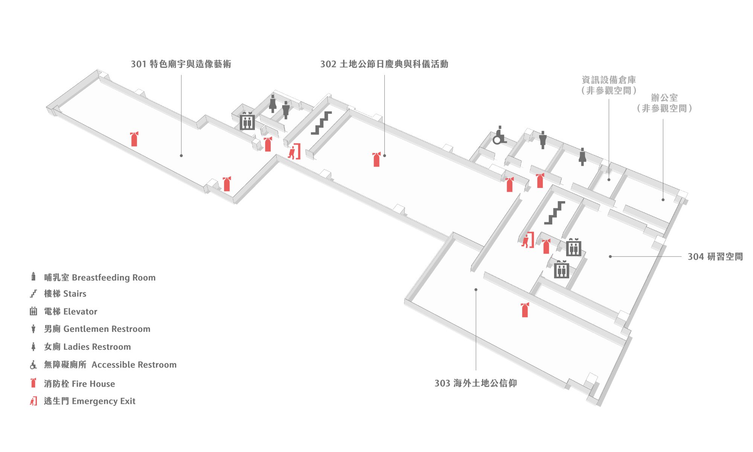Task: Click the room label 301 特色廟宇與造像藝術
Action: click(x=181, y=64)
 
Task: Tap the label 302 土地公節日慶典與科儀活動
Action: click(x=384, y=64)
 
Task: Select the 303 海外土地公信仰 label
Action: click(x=476, y=383)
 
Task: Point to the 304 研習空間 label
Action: click(x=715, y=257)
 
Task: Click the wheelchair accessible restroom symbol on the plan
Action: click(x=499, y=136)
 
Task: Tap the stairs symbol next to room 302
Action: click(x=321, y=123)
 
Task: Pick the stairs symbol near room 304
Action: click(x=555, y=213)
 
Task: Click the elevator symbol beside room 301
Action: click(x=247, y=121)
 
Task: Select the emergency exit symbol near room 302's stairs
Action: click(x=294, y=151)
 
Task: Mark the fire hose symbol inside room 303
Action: click(x=525, y=310)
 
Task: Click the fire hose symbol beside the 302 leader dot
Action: click(x=376, y=159)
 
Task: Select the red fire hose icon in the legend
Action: click(x=34, y=383)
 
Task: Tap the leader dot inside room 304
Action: click(x=610, y=257)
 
